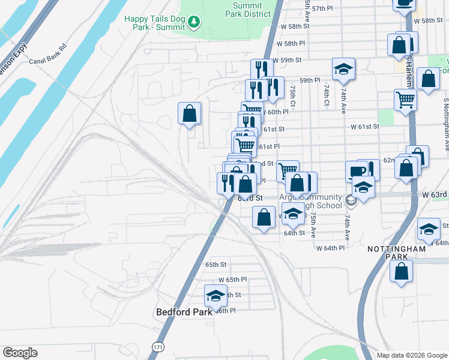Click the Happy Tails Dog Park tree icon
(193, 23)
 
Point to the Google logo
(20, 353)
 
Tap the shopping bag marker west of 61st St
(189, 113)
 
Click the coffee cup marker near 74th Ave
(358, 172)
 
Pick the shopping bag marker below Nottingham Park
(401, 270)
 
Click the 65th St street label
(215, 265)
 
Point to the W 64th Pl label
(330, 248)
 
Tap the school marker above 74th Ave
(343, 69)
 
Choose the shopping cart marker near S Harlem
(406, 100)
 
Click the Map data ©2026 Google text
(411, 355)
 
